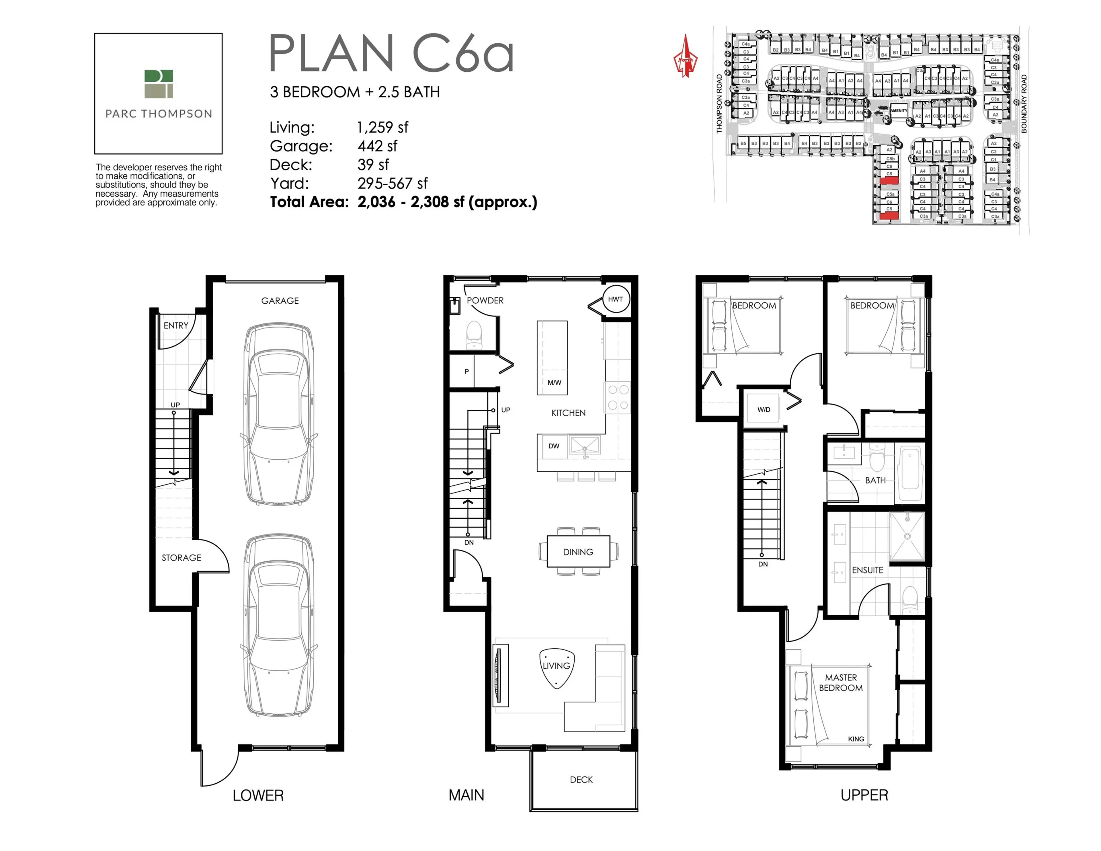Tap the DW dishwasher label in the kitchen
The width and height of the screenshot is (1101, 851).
click(x=554, y=446)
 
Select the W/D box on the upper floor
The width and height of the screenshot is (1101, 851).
click(x=764, y=409)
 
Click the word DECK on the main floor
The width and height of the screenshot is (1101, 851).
click(x=581, y=779)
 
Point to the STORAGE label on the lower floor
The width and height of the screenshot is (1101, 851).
click(x=181, y=558)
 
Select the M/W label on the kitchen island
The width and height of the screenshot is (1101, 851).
click(x=554, y=383)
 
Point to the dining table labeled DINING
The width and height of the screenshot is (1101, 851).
click(x=578, y=552)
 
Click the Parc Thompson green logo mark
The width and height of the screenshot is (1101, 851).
click(x=158, y=84)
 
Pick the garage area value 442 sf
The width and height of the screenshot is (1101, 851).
click(x=377, y=146)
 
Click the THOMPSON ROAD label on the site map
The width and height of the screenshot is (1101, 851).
click(x=719, y=104)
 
